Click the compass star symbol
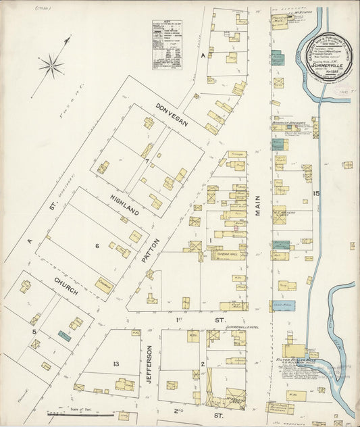tap(51, 66)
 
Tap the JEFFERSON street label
tap(149, 370)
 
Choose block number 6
tap(97, 245)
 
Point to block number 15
tap(315, 195)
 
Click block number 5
tap(33, 332)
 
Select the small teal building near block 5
tap(63, 334)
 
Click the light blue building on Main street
tap(284, 306)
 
